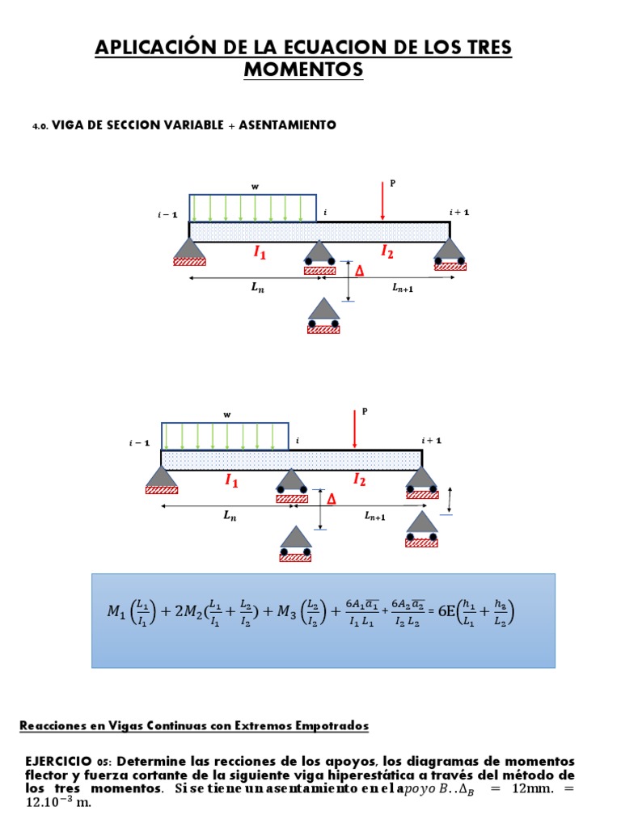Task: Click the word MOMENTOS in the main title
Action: (303, 71)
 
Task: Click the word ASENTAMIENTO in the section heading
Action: (287, 125)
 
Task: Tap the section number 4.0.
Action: (40, 126)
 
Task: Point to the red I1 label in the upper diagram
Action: (260, 253)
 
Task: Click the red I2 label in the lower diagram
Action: (360, 480)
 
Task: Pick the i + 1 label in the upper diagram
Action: (459, 213)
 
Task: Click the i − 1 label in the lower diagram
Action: (140, 442)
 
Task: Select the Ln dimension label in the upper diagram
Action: (258, 288)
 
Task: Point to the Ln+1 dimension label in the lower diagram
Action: (374, 516)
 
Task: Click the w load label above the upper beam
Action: (256, 187)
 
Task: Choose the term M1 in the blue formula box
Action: (117, 612)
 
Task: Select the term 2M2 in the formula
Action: (192, 612)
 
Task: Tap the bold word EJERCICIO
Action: (61, 762)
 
